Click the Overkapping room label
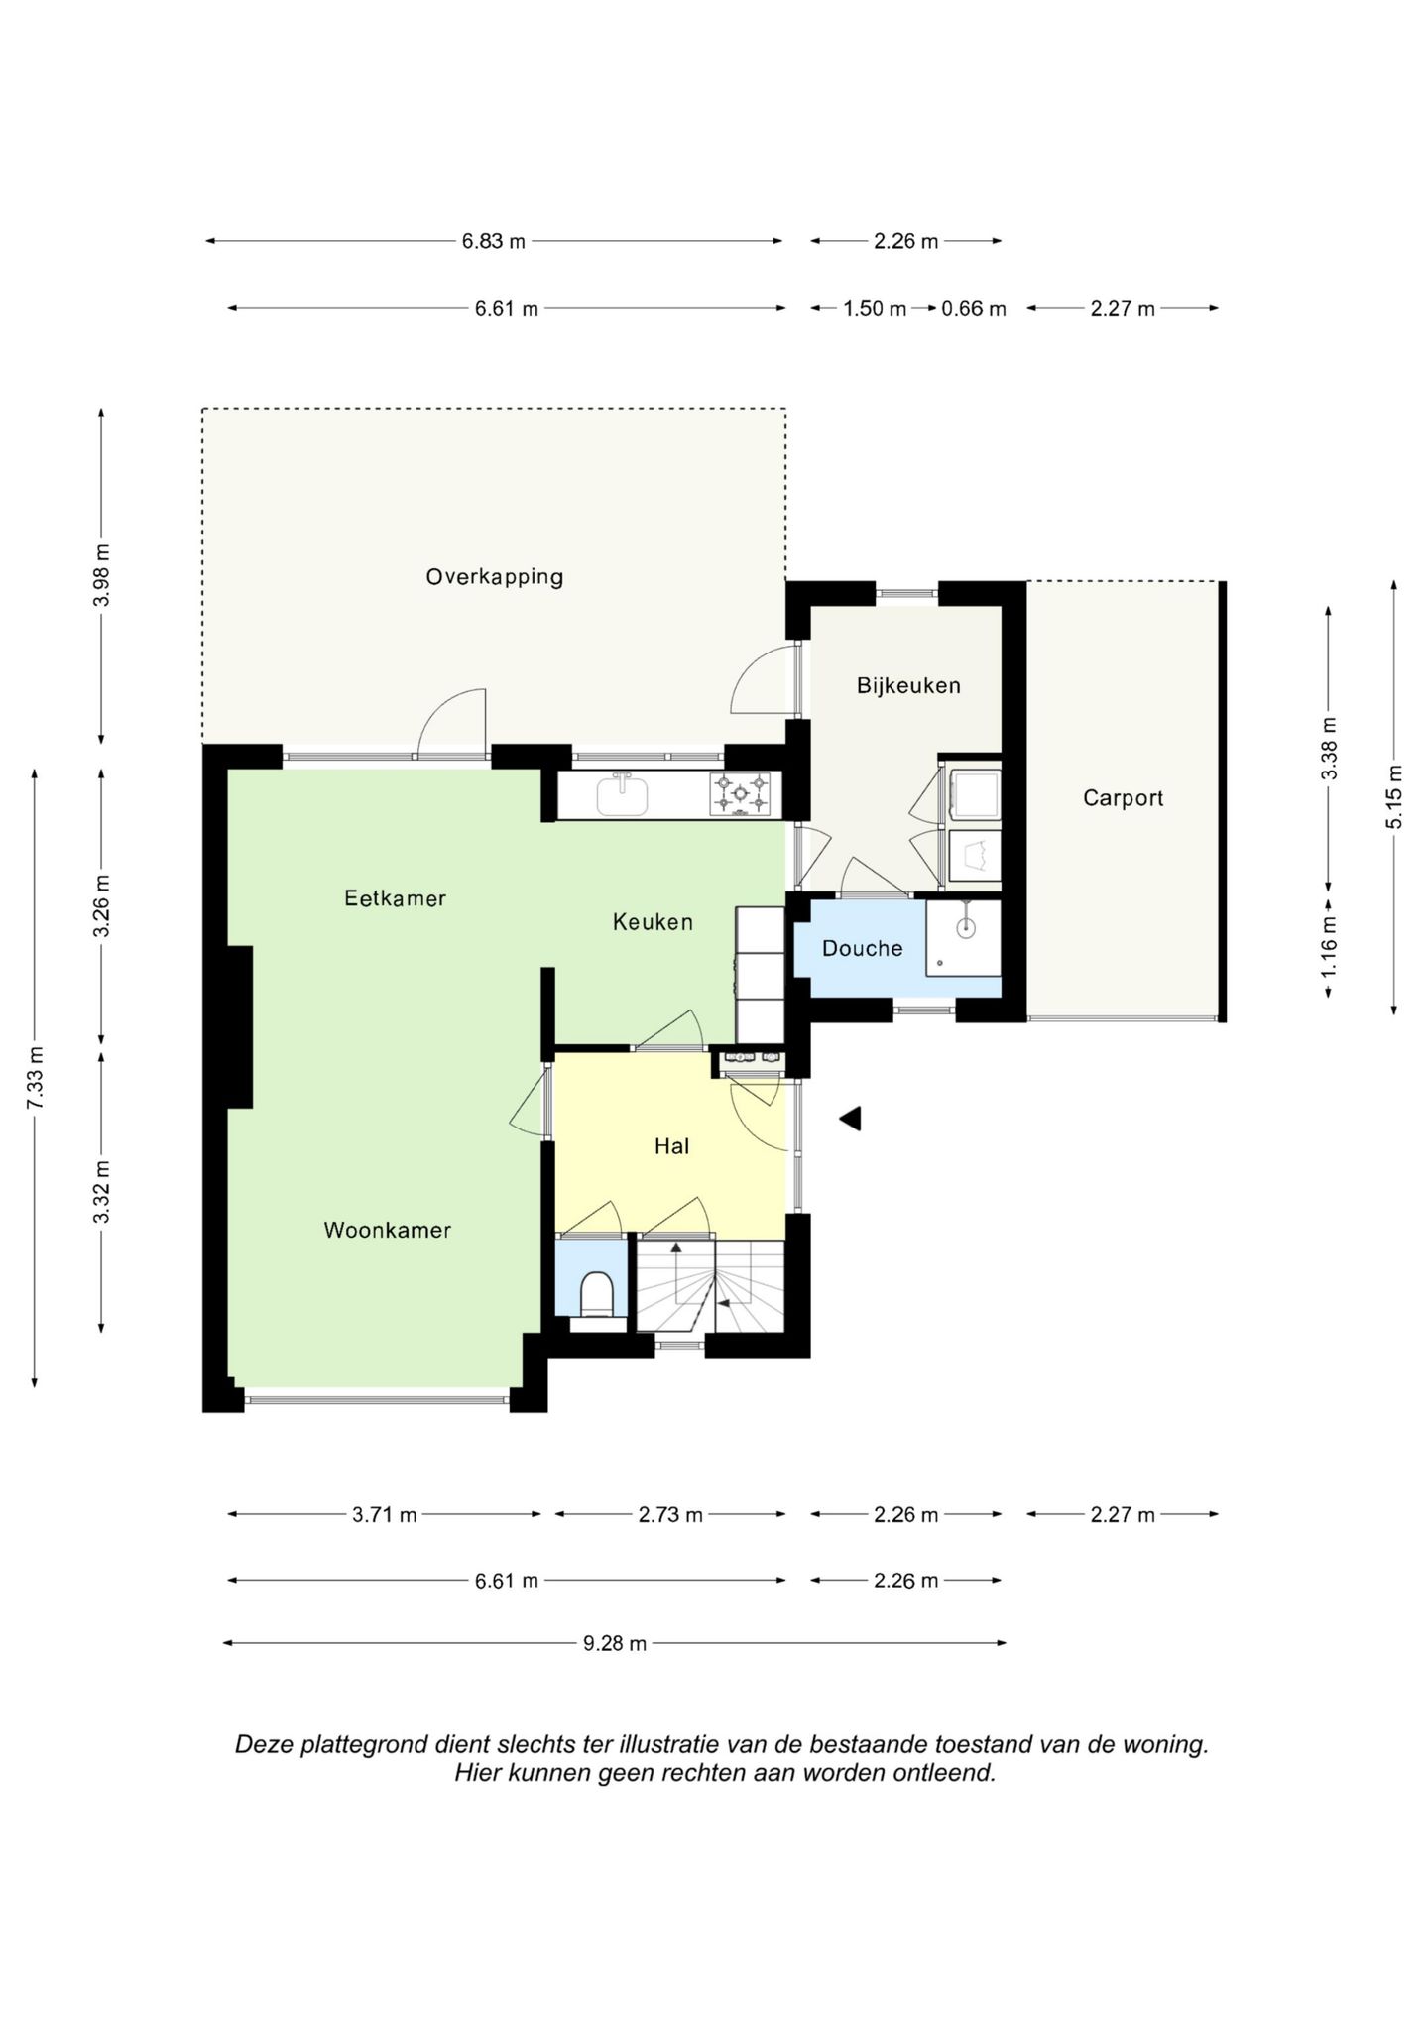point(494,577)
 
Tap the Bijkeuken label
point(908,685)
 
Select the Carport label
point(1123,798)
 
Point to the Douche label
point(862,948)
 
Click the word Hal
point(671,1146)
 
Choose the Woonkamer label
point(387,1230)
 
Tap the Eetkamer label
point(395,898)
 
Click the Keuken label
point(653,922)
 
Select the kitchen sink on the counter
point(623,794)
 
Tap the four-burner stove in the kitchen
point(740,794)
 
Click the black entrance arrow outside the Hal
point(850,1119)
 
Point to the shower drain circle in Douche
point(966,928)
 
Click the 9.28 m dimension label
point(615,1643)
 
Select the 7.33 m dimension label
point(35,1078)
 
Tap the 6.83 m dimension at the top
point(494,241)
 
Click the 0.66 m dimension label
point(974,309)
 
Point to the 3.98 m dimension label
point(102,576)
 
